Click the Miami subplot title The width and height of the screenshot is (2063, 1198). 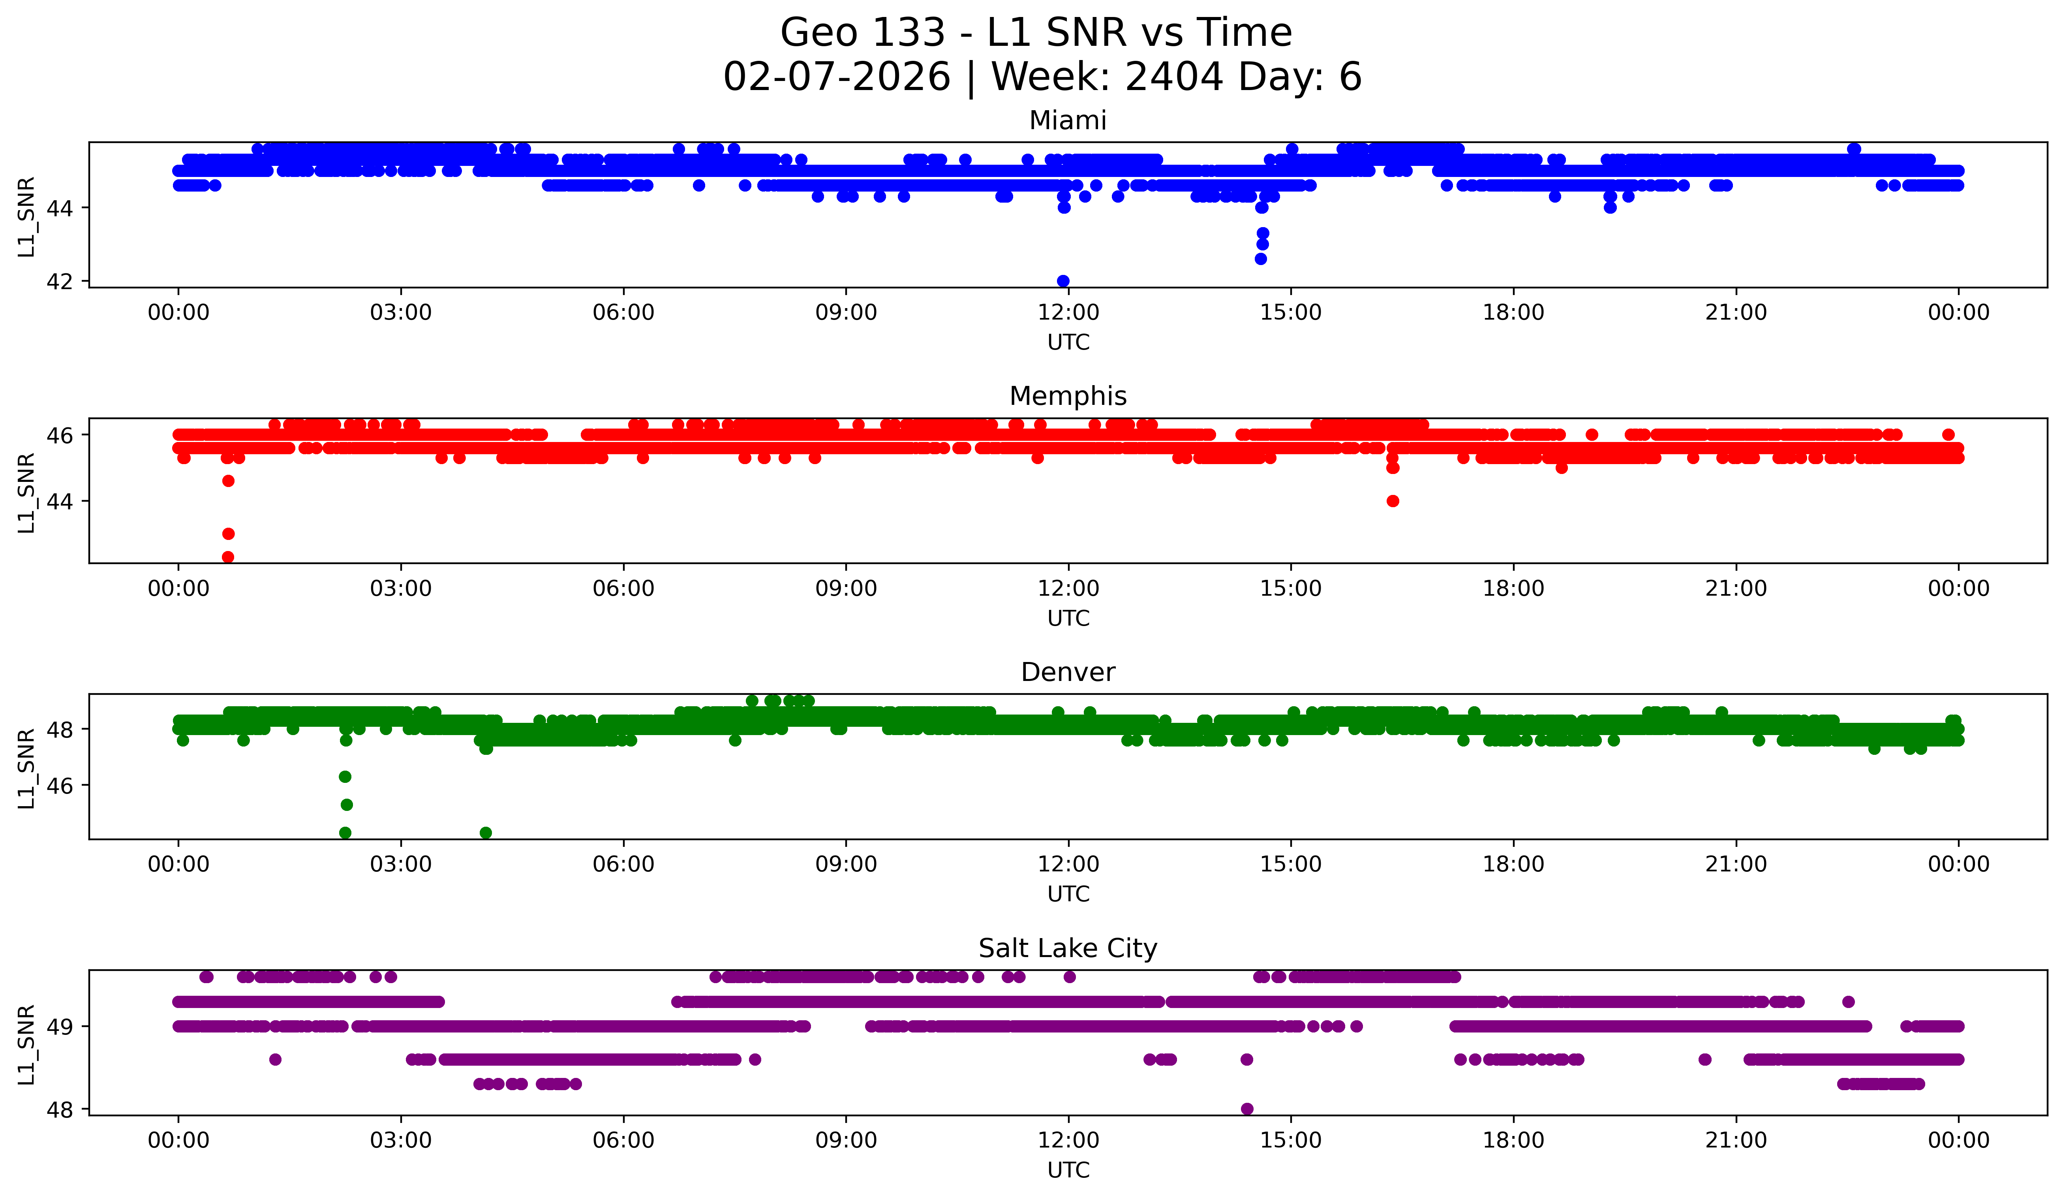coord(1068,120)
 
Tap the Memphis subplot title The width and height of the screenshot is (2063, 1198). coord(1068,396)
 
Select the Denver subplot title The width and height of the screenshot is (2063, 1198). coord(1068,672)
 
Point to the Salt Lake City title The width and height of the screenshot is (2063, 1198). coord(1068,948)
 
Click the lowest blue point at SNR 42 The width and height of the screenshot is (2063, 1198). coord(1062,281)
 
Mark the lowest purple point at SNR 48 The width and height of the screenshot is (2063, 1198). coord(1247,1109)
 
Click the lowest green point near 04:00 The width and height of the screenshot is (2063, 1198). coord(486,833)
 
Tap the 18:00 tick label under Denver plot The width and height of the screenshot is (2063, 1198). coord(1513,865)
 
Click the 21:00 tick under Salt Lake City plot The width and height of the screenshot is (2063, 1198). coord(1736,1141)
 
